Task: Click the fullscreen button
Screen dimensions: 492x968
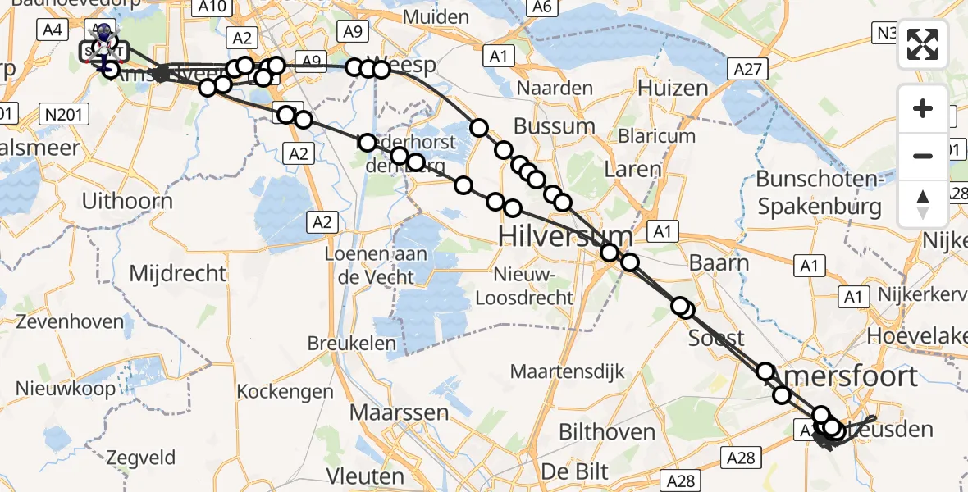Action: point(923,44)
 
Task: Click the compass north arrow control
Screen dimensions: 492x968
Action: point(923,204)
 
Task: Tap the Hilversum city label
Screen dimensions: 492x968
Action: point(566,238)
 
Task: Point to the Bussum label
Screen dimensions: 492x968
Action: point(554,126)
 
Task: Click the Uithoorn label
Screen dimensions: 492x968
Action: point(128,201)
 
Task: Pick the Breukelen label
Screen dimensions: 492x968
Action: point(352,343)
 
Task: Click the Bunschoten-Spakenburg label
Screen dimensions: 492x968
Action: point(820,192)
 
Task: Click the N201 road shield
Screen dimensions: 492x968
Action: point(65,114)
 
